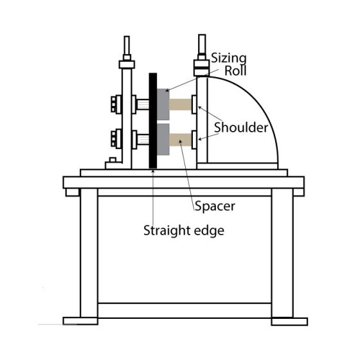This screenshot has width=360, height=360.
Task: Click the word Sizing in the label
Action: tap(229, 59)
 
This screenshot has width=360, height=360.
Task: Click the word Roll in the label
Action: tap(235, 71)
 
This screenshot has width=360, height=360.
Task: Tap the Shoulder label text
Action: tap(241, 127)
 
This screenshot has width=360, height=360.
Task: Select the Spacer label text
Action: tap(215, 206)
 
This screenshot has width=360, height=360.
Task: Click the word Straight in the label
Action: tap(167, 231)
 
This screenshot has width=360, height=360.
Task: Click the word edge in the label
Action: tap(209, 231)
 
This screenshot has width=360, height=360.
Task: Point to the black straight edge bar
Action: tap(153, 121)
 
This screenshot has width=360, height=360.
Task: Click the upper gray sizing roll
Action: tap(163, 104)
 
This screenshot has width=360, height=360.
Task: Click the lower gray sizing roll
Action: tap(163, 139)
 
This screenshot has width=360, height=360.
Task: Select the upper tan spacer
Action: tap(181, 104)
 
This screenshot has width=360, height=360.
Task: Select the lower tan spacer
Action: tap(181, 139)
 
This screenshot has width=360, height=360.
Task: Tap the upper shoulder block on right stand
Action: tap(194, 104)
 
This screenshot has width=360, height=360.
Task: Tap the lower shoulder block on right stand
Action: tap(194, 140)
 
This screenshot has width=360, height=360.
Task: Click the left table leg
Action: tap(89, 253)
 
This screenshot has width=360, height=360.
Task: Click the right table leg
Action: tap(282, 253)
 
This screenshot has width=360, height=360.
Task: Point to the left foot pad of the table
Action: tap(80, 321)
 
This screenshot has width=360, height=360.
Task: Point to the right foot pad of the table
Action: tap(289, 321)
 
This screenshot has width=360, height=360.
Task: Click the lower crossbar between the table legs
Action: tap(184, 310)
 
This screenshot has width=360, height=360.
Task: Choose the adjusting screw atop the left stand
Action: tap(127, 48)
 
